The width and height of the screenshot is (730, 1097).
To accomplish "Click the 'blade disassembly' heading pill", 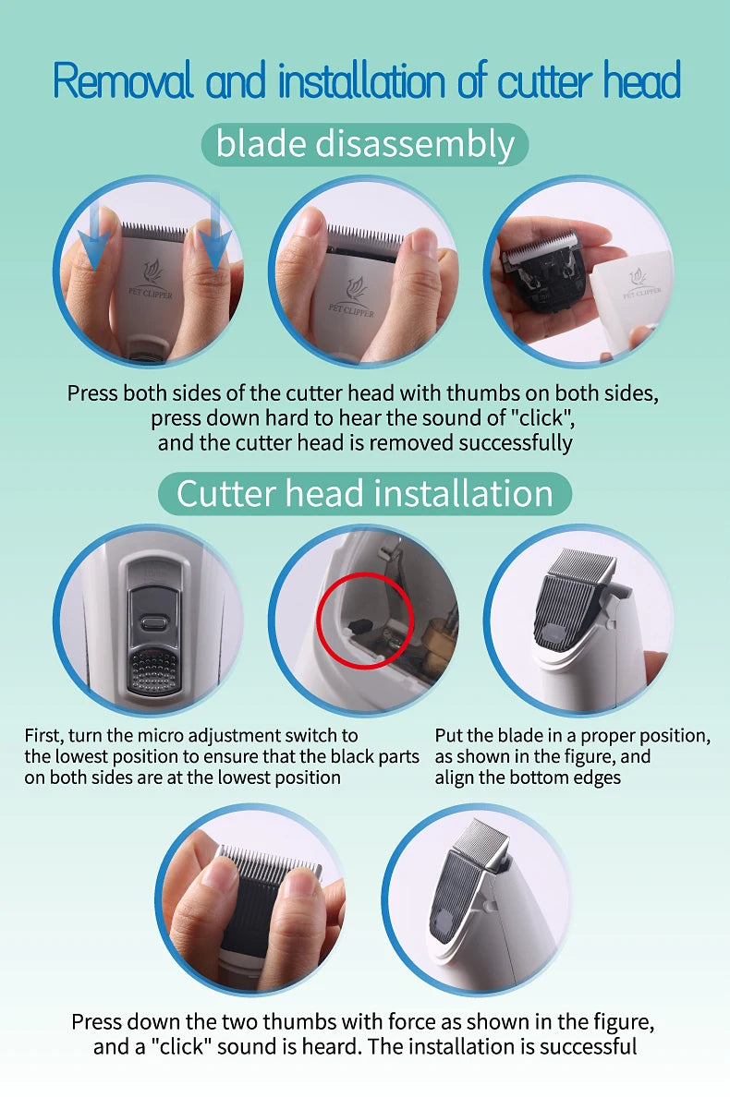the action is [x=365, y=144].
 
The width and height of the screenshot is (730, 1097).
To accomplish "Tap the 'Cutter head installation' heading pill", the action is [x=365, y=494].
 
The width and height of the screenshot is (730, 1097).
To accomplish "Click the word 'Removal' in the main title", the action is [x=123, y=80].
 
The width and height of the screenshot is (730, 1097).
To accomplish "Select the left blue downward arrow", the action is [x=93, y=235].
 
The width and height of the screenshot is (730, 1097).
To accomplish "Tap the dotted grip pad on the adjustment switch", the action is [x=152, y=669].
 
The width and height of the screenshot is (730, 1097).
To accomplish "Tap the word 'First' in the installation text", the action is [x=44, y=736].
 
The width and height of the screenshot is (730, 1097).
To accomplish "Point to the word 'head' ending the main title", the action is [x=642, y=80].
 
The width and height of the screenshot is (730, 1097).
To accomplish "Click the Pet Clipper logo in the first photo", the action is [x=151, y=280].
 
